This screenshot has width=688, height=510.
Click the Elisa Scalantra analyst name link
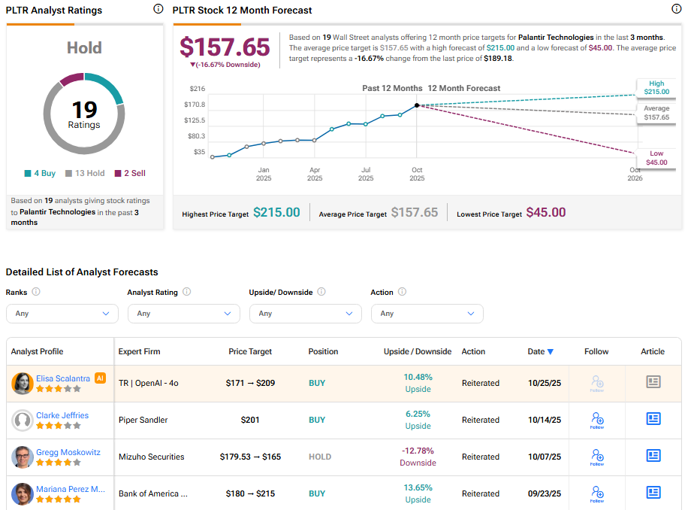62,378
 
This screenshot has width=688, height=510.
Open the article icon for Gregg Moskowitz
653,456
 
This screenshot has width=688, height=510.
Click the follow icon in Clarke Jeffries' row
597,419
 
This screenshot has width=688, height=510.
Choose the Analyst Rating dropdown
183,314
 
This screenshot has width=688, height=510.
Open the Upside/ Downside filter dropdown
305,314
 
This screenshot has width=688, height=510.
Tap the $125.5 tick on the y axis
195,120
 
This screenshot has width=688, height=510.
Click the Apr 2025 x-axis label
315,174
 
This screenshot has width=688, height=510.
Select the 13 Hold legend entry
84,173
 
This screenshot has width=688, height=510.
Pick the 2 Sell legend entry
129,173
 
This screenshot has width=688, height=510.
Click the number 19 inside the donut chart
84,110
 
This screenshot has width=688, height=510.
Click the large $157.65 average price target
225,47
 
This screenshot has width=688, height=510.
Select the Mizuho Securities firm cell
151,457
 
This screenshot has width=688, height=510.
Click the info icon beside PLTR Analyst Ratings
157,10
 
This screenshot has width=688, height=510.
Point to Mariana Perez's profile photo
23,494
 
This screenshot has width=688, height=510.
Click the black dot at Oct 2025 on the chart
417,105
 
